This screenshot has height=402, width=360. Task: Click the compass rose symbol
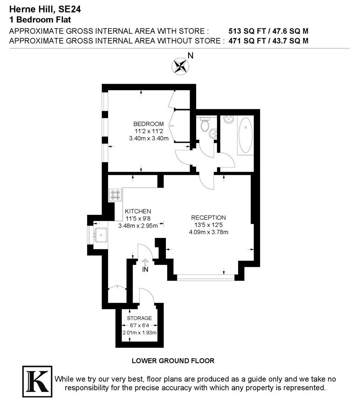tap(180, 66)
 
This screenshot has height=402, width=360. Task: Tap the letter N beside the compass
tap(190, 56)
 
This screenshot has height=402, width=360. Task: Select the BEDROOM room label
tap(149, 124)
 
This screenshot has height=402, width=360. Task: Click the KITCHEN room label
tap(138, 211)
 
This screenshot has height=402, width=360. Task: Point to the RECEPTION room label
tap(208, 218)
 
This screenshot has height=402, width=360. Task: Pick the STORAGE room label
tap(139, 318)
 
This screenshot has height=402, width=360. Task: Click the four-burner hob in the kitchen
tap(115, 195)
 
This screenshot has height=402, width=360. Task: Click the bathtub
tap(245, 135)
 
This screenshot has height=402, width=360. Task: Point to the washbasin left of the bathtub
tap(228, 120)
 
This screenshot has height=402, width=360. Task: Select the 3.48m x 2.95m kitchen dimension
tap(138, 226)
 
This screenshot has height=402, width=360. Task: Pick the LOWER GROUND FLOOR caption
tap(173, 361)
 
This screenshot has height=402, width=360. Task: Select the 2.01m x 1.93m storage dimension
tap(139, 333)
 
